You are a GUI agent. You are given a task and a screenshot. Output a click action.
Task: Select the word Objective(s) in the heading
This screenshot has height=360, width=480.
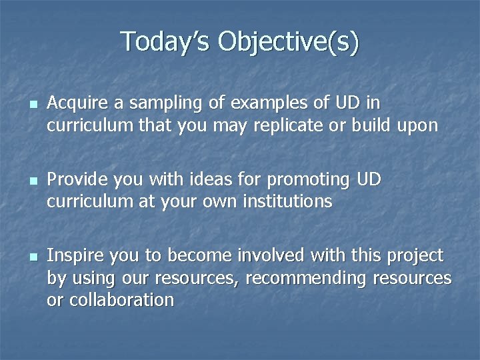(x=288, y=41)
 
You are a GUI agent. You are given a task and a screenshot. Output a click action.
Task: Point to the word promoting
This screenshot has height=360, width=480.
(x=309, y=179)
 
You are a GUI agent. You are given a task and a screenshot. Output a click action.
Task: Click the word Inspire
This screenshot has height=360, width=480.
(x=73, y=255)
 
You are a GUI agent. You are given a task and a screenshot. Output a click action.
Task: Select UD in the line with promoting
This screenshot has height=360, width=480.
(x=369, y=179)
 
